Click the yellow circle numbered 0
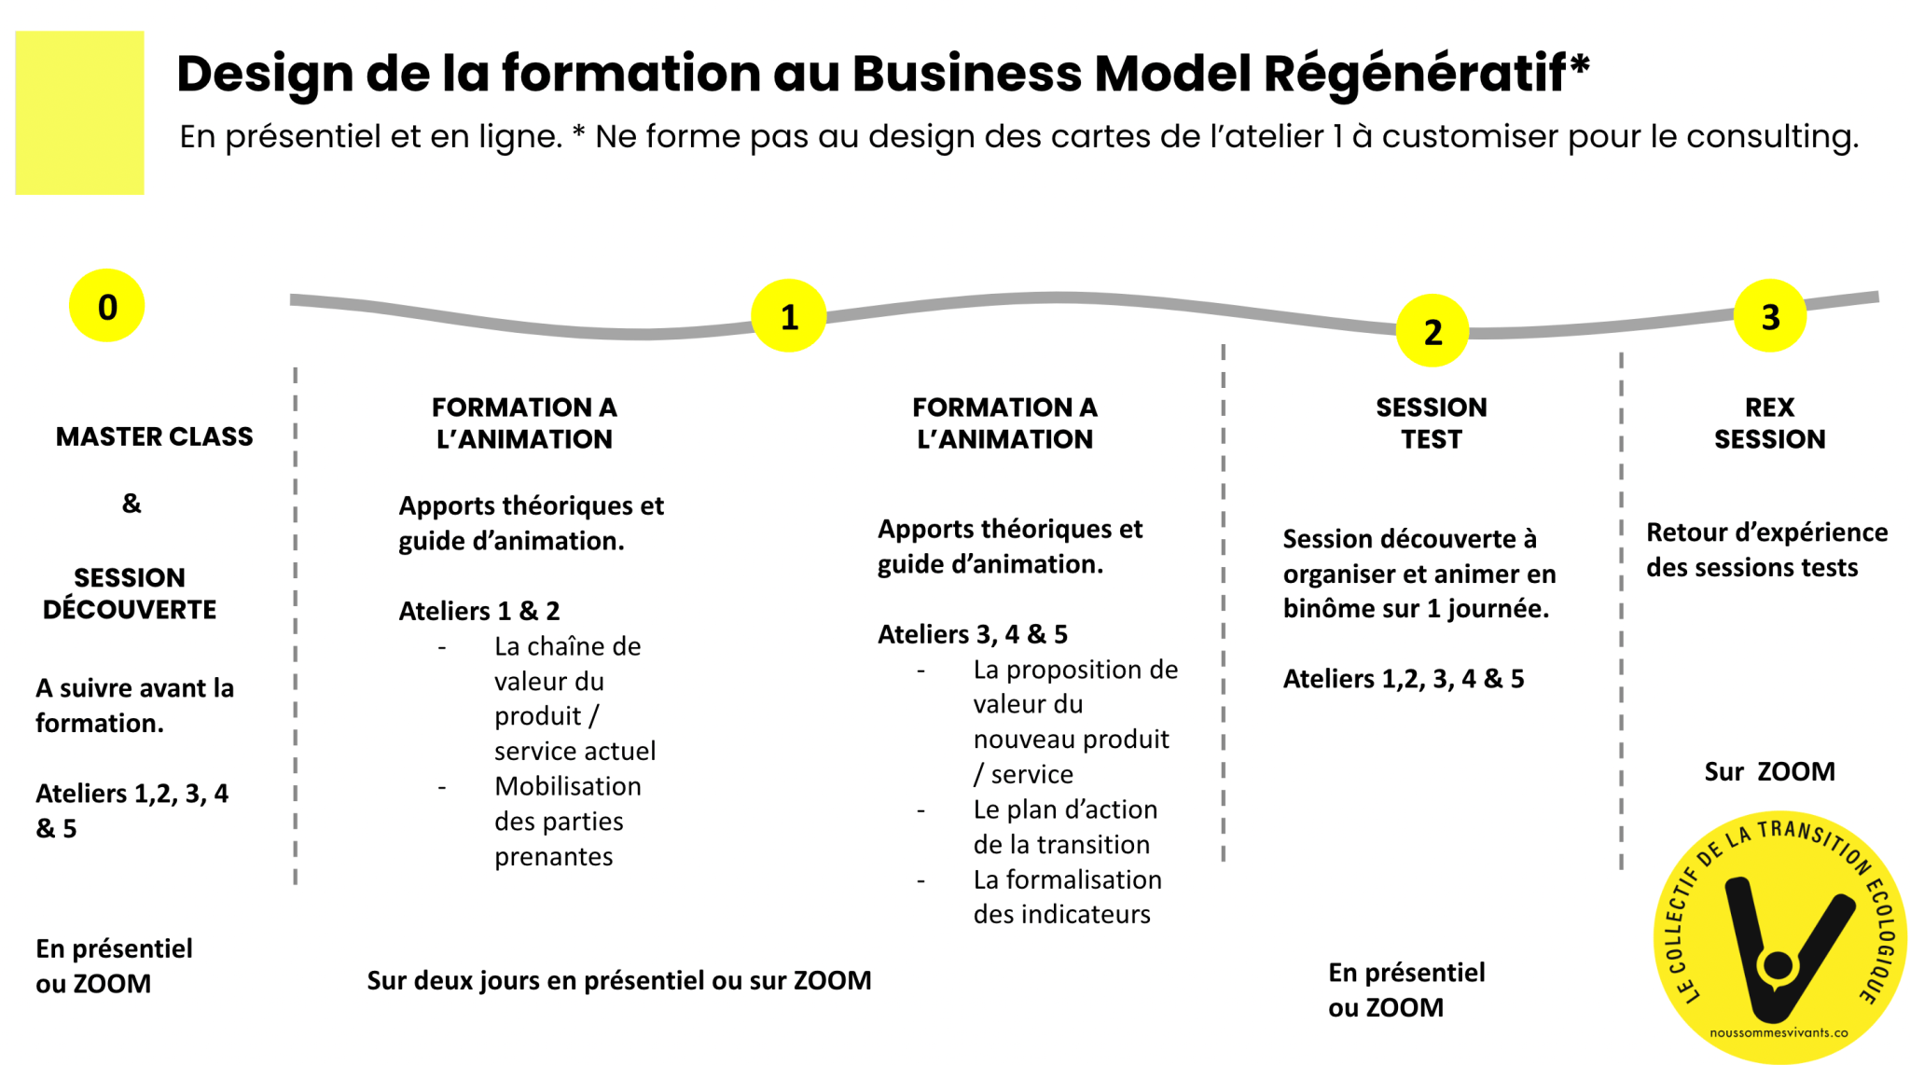click(106, 306)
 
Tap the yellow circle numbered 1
click(788, 316)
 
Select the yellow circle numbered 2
click(1432, 331)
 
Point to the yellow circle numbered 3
click(1769, 316)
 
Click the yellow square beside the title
click(79, 113)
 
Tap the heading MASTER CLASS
click(154, 436)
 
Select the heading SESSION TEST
click(1431, 423)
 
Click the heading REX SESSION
click(1768, 423)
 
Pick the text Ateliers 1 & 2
click(478, 611)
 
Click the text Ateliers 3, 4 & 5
click(972, 634)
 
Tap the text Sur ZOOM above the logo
click(1768, 771)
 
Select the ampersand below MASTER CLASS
click(131, 504)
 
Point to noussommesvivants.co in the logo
click(1778, 1032)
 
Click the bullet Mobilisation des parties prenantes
click(566, 821)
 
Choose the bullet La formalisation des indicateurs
click(1066, 896)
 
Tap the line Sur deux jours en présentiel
click(618, 980)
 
